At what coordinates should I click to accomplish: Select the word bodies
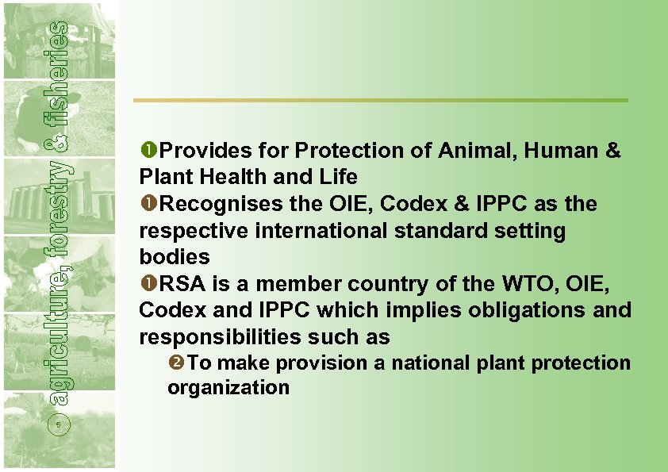tap(175, 257)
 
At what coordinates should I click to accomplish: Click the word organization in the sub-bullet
tap(228, 388)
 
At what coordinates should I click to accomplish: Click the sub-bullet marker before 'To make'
tap(176, 363)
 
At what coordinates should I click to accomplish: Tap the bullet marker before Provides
tap(148, 151)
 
